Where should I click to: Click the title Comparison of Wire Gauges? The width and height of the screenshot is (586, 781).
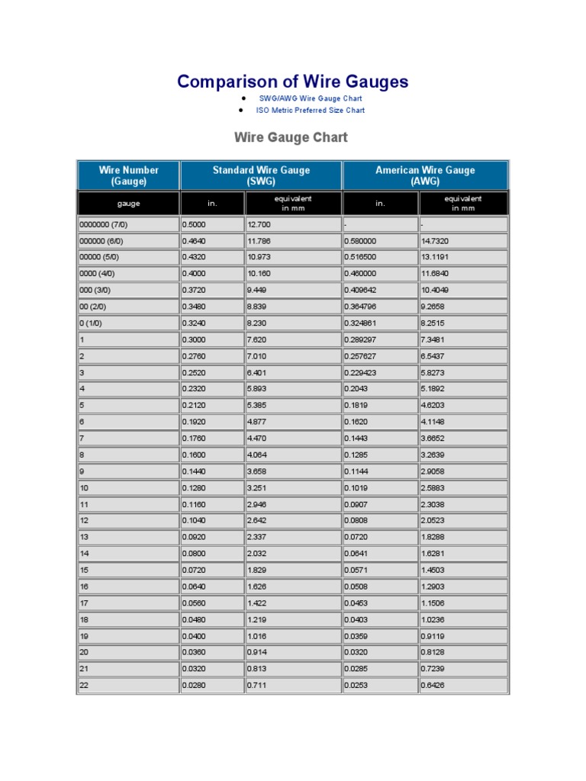pos(292,82)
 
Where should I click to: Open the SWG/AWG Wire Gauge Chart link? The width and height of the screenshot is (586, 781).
pos(310,98)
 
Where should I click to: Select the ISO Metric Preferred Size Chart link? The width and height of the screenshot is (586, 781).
pos(310,110)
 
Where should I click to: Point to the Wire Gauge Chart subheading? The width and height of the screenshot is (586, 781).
pos(291,137)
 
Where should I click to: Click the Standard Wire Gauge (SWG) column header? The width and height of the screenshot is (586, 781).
pos(261,175)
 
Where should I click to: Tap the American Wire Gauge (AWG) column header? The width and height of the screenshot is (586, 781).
pos(424,175)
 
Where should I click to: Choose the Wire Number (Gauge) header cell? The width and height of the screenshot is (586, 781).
pos(129,175)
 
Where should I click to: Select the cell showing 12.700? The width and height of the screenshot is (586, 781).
pos(259,225)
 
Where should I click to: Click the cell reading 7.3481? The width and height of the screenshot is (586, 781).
pos(436,339)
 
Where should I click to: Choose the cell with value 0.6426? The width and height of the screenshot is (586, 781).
pos(436,686)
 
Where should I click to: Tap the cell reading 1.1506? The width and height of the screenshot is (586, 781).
pos(436,603)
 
